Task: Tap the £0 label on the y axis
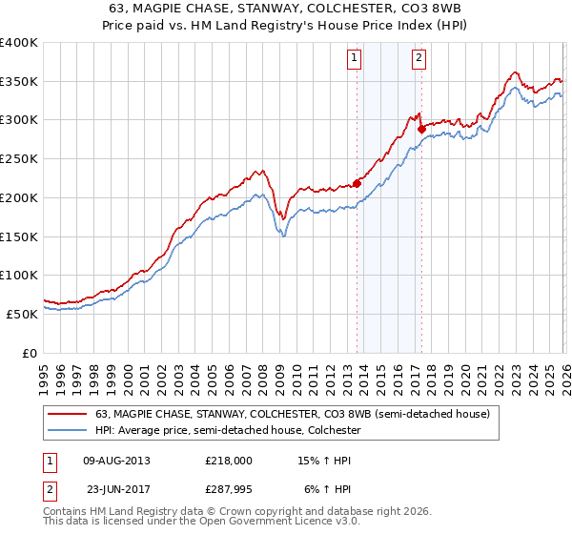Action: (29, 353)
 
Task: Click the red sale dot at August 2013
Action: (357, 183)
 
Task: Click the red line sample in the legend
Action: (67, 414)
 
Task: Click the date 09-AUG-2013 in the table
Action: (116, 461)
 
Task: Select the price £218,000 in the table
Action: (228, 461)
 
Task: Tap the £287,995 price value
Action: (228, 489)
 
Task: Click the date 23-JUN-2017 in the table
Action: (116, 489)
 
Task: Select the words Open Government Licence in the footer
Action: (263, 524)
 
